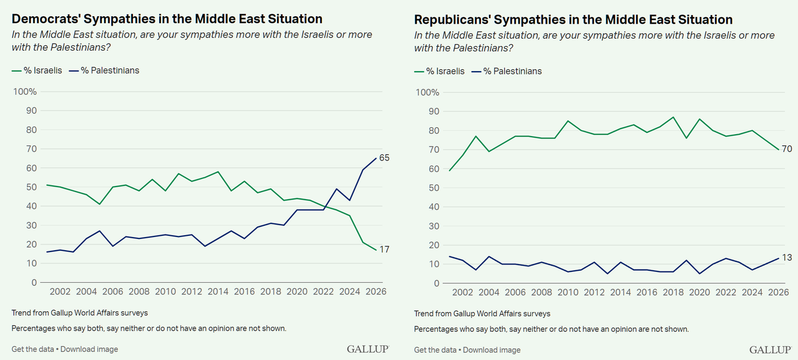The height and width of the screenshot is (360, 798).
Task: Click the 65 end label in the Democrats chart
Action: pyautogui.click(x=384, y=158)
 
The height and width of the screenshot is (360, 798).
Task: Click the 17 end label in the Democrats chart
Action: pyautogui.click(x=384, y=250)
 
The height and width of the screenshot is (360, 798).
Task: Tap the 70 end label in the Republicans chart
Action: pyautogui.click(x=787, y=149)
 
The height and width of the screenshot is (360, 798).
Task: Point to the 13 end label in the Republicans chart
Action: pyautogui.click(x=787, y=258)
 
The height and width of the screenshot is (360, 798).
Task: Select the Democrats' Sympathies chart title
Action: pyautogui.click(x=167, y=19)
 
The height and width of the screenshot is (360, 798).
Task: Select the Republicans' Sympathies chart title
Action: pyautogui.click(x=573, y=20)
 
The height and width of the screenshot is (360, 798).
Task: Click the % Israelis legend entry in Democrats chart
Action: pyautogui.click(x=37, y=71)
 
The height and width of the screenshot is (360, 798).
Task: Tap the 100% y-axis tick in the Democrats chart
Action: pyautogui.click(x=26, y=92)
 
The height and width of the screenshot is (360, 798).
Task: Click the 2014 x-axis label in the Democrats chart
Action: pyautogui.click(x=218, y=292)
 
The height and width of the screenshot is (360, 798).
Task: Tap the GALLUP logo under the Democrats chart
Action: pyautogui.click(x=368, y=349)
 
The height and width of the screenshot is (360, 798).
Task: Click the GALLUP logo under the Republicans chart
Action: pyautogui.click(x=770, y=349)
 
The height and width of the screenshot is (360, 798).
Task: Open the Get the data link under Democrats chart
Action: pyautogui.click(x=32, y=349)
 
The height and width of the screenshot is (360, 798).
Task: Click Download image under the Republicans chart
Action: pyautogui.click(x=492, y=350)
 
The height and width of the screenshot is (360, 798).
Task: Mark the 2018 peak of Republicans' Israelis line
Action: pyautogui.click(x=673, y=117)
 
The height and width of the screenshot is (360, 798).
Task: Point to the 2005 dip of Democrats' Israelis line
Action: pyautogui.click(x=99, y=204)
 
